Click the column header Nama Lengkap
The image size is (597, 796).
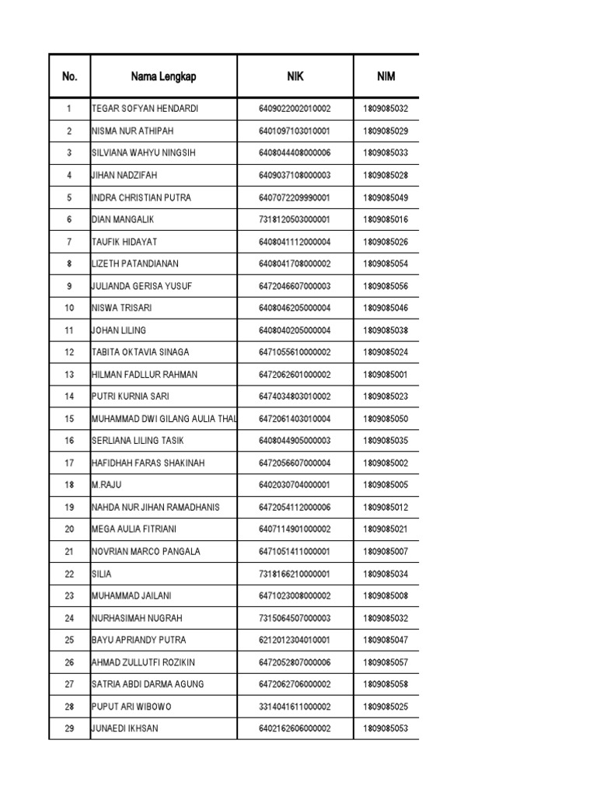click(x=163, y=76)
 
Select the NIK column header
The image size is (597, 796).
click(x=295, y=76)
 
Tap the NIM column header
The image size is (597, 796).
click(x=386, y=76)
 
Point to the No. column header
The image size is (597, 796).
click(x=70, y=76)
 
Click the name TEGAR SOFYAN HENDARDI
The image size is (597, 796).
click(x=145, y=109)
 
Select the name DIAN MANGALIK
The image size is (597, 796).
click(x=124, y=220)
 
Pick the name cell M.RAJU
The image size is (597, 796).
click(x=108, y=485)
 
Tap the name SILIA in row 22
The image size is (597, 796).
click(x=102, y=574)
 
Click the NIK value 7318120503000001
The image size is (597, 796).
click(x=295, y=220)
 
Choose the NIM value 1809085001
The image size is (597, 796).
click(x=386, y=375)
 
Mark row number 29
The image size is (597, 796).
click(x=69, y=728)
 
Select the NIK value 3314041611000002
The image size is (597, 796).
click(x=295, y=707)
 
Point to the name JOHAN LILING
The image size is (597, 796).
click(x=119, y=330)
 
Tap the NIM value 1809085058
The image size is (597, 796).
click(x=386, y=684)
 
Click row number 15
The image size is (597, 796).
click(x=69, y=419)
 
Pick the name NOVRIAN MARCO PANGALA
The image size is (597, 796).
click(x=146, y=552)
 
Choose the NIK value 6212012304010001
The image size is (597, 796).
click(x=295, y=640)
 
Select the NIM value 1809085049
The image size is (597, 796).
click(x=386, y=197)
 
